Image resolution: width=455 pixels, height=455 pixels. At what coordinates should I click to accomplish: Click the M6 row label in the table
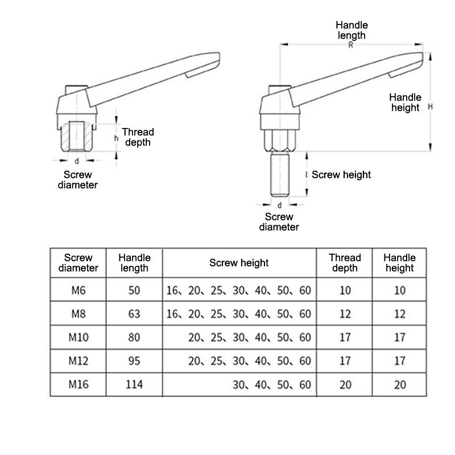(x=78, y=290)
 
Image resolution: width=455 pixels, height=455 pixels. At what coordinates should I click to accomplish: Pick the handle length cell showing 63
(x=134, y=313)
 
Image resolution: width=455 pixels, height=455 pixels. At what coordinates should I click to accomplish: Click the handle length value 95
(x=134, y=361)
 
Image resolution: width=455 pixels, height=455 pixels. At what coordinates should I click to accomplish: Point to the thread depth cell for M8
(x=345, y=313)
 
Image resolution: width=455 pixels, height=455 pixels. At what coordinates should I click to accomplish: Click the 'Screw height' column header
(x=239, y=263)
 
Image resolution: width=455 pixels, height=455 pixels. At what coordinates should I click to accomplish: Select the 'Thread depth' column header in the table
(x=345, y=263)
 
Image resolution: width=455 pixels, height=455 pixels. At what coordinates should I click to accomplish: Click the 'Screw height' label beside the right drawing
(x=341, y=175)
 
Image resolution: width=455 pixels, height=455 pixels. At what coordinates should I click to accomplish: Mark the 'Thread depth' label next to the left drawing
(x=138, y=137)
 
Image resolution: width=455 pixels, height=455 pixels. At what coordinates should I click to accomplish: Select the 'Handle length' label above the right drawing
(x=351, y=30)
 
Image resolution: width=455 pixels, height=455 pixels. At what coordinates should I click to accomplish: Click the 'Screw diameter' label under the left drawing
(x=78, y=180)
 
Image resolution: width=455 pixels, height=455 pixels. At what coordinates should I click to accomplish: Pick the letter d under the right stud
(x=279, y=205)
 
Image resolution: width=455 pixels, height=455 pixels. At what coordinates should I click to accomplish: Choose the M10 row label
(x=78, y=337)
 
